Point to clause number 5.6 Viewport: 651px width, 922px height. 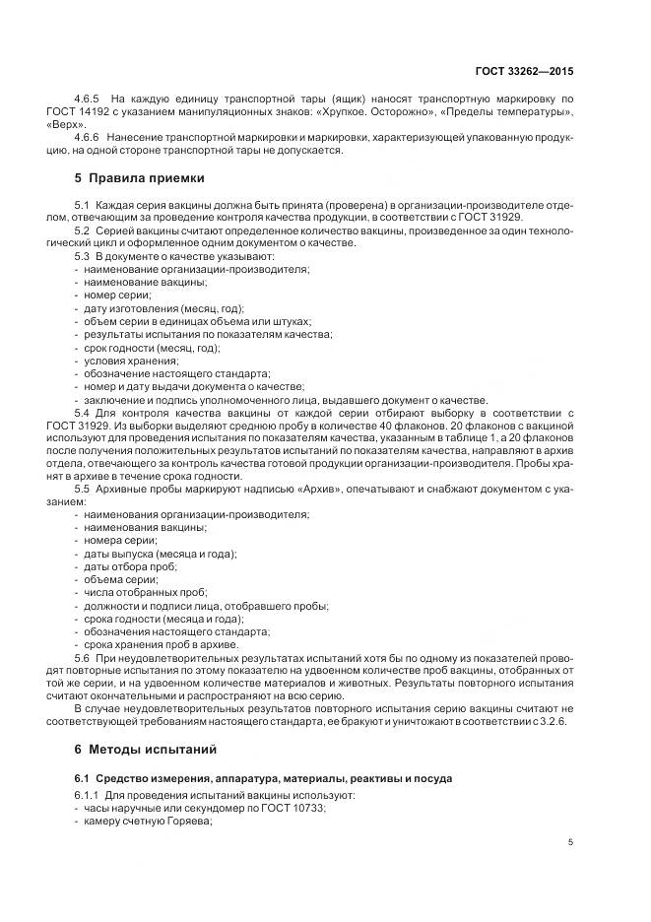coord(82,656)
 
